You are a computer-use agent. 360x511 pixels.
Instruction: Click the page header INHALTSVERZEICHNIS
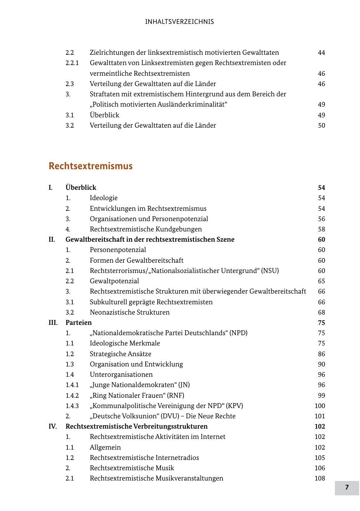(179, 22)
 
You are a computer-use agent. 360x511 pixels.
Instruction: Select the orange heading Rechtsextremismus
(91, 166)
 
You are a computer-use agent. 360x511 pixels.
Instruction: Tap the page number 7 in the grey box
(347, 488)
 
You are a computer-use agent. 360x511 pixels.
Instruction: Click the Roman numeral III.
(53, 322)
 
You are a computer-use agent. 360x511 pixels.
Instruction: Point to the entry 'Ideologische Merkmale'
(125, 343)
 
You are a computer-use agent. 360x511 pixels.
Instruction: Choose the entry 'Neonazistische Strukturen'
(130, 312)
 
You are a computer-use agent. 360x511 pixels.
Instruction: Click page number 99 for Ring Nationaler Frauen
(321, 395)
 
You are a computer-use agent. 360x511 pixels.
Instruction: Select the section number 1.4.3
(72, 406)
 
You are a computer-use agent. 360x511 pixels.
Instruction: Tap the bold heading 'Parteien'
(79, 322)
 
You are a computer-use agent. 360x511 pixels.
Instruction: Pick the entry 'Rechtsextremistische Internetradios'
(144, 457)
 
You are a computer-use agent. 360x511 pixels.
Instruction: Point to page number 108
(320, 478)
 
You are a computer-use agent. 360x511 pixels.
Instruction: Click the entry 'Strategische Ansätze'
(121, 354)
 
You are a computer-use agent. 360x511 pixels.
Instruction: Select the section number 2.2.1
(72, 63)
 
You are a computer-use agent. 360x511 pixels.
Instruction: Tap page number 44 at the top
(321, 53)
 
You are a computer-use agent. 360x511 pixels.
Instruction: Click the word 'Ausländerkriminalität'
(191, 105)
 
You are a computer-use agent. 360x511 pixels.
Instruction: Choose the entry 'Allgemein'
(105, 447)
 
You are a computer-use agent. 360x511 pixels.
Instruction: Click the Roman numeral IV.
(53, 426)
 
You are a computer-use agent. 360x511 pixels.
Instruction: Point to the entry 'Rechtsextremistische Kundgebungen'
(146, 229)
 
